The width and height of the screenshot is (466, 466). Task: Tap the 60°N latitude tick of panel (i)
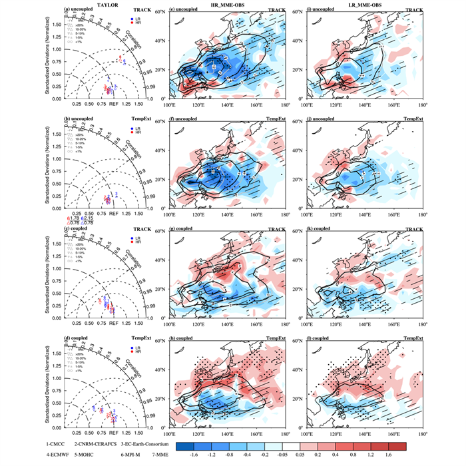pos(298,13)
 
